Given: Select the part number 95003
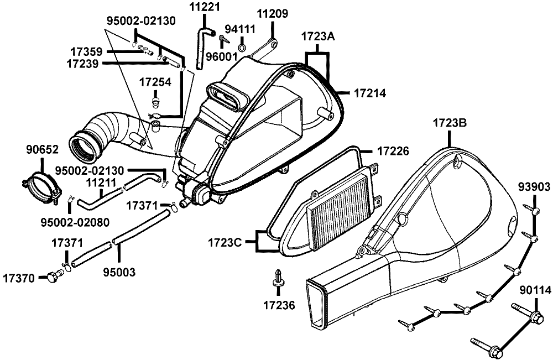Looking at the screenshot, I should pos(119,272).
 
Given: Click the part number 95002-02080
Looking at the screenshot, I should pos(75,222).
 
